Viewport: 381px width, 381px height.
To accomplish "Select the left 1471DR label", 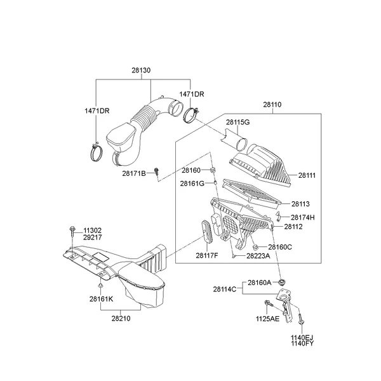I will click(97, 110).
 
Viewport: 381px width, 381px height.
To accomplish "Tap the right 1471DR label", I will click(191, 94).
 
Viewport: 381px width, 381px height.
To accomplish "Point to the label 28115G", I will click(237, 122).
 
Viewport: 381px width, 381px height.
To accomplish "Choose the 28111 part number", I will click(307, 175).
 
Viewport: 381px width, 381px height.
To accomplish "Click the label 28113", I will click(301, 204).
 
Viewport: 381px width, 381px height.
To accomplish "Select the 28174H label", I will click(303, 217).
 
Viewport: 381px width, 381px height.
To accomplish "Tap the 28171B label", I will click(135, 173).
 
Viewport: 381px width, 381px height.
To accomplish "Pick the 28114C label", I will click(224, 289).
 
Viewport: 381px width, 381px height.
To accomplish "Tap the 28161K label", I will click(101, 298).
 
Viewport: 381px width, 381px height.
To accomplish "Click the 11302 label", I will click(91, 230).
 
